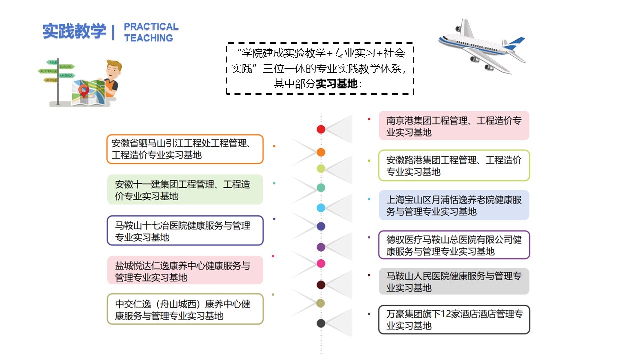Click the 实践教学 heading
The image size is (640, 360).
point(74,31)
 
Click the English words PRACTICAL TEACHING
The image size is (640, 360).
point(150,32)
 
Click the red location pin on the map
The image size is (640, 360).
point(84,91)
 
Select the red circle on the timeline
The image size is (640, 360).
point(321,129)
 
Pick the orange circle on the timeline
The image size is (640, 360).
point(321,152)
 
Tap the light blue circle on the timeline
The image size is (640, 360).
point(321,208)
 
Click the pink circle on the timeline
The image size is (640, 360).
point(321,263)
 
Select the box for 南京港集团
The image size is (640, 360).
point(454,126)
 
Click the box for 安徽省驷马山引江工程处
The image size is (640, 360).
point(185,149)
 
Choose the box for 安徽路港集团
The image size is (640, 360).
point(454,166)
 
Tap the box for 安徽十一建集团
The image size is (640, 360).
point(185,190)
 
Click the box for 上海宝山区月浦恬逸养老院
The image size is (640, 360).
point(454,205)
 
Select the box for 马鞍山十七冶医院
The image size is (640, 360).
point(185,231)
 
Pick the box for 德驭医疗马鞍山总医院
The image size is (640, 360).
point(454,245)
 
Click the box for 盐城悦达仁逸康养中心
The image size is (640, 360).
point(185,271)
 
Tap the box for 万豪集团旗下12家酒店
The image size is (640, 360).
point(454,320)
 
